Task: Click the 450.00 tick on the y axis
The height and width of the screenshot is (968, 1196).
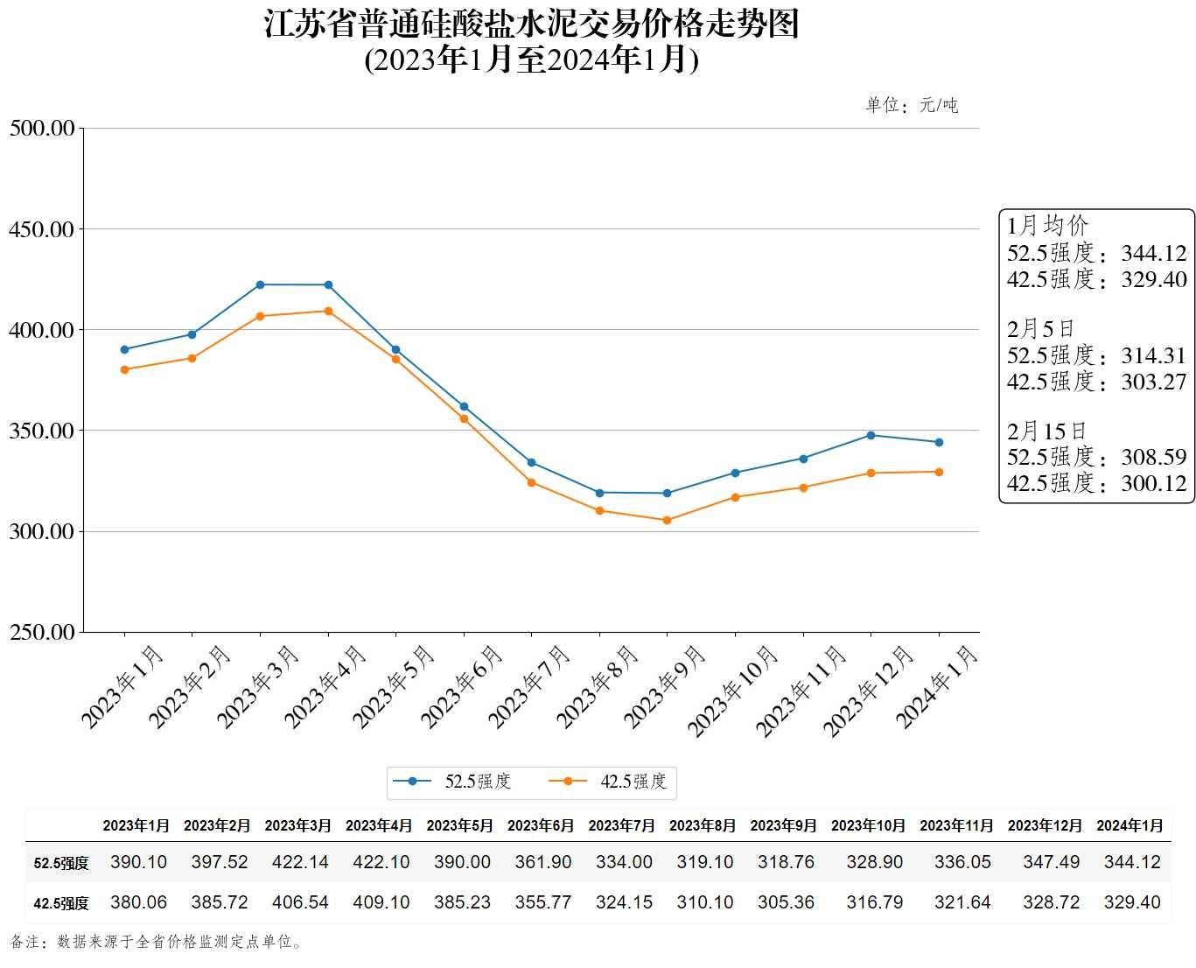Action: [x=41, y=229]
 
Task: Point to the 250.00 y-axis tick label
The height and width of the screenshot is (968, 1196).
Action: [x=41, y=632]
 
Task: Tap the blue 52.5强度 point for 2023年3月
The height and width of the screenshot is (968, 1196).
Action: [x=260, y=285]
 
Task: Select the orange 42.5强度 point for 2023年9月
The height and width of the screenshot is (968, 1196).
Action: [x=667, y=520]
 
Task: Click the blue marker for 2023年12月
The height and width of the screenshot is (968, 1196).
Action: [x=871, y=435]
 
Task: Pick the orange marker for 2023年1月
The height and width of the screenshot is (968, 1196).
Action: [x=124, y=369]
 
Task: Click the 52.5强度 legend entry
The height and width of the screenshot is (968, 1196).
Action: [x=459, y=782]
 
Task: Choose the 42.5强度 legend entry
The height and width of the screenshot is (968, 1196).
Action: [x=615, y=782]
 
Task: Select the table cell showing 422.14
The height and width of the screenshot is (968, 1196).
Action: [x=300, y=862]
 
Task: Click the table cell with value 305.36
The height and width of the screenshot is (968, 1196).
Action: [x=786, y=902]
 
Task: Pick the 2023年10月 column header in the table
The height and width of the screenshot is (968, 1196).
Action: [x=868, y=825]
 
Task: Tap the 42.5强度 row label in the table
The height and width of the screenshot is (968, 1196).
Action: [x=61, y=903]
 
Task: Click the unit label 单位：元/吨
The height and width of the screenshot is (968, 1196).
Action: [x=912, y=106]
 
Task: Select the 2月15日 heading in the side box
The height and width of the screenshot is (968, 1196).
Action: [x=1046, y=431]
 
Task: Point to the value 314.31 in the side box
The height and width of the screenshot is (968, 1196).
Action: [x=1153, y=355]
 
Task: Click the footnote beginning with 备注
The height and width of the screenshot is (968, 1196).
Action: [x=157, y=943]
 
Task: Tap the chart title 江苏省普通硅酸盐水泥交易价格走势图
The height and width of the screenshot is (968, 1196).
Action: [x=531, y=25]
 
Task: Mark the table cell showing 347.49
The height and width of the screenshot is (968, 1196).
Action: [x=1051, y=862]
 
